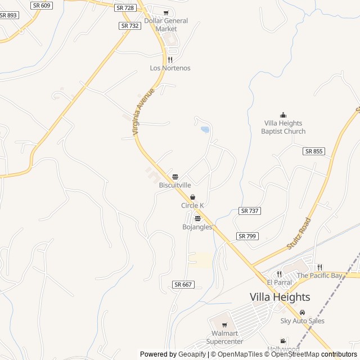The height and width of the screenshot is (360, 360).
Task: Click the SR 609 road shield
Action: [x=41, y=5]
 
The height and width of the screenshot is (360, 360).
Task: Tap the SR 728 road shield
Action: [x=125, y=7]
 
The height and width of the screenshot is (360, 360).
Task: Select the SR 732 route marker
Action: [x=130, y=26]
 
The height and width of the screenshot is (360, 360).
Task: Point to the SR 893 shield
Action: [x=8, y=15]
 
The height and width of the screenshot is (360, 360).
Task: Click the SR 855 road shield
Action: [x=314, y=151]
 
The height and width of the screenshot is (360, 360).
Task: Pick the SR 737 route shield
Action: [x=249, y=210]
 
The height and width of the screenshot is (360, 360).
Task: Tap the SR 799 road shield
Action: [x=247, y=236]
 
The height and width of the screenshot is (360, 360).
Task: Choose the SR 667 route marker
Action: [x=183, y=285]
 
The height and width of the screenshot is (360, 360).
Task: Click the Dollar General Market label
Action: [x=166, y=25]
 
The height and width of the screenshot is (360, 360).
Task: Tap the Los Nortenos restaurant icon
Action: [x=170, y=60]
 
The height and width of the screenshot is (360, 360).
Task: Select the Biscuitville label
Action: [x=175, y=184]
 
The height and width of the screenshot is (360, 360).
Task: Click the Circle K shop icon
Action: [x=193, y=197]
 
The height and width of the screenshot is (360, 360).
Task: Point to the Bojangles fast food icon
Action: [x=197, y=219]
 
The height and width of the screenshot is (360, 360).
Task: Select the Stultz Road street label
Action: [x=299, y=233]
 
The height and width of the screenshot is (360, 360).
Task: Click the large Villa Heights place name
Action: [x=280, y=297]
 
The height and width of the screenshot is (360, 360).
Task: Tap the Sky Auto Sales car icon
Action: [x=303, y=313]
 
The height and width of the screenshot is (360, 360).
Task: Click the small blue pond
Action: [x=205, y=129]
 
